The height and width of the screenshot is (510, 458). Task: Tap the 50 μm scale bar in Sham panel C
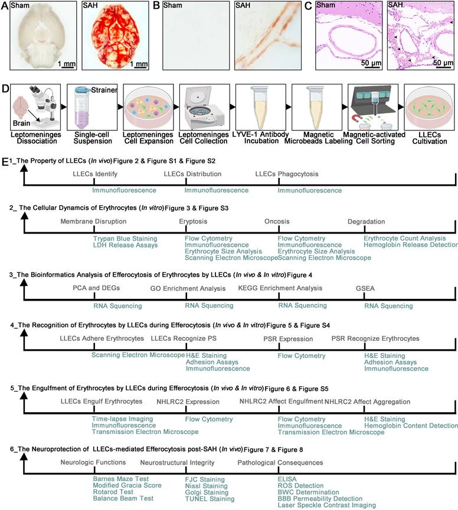371,68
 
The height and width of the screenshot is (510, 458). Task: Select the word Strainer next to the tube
104,90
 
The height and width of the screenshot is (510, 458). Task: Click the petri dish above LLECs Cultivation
429,108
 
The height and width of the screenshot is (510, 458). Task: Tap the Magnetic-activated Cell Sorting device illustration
373,108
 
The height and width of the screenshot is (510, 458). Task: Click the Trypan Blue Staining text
125,238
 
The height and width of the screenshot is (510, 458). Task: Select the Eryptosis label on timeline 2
193,222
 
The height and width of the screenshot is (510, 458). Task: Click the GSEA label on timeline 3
365,288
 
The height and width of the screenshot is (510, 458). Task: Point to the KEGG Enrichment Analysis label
280,288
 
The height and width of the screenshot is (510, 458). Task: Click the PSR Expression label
288,339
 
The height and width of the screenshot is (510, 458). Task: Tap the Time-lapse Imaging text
122,419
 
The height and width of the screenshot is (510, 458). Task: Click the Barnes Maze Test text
121,479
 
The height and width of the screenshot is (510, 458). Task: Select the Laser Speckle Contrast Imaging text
326,505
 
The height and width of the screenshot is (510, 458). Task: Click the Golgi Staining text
207,492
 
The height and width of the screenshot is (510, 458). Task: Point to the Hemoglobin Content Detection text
411,426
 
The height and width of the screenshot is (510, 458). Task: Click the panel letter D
5,88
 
